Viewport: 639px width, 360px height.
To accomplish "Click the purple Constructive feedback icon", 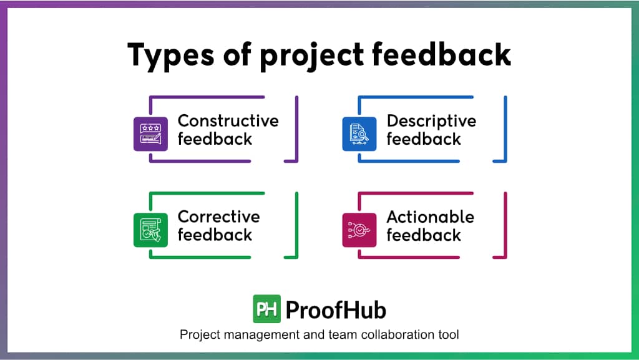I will coord(150,134).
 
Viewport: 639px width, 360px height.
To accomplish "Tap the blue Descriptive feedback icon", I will coord(359,134).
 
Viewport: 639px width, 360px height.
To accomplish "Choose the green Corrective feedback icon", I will coord(150,230).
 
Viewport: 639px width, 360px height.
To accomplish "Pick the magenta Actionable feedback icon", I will coord(359,230).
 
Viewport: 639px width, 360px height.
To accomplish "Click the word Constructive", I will coord(228,120).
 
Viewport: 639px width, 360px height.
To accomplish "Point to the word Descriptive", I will coord(431,121).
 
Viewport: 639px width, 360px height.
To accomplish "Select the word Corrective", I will coord(218,216).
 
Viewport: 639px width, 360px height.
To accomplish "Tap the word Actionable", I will coord(430,217).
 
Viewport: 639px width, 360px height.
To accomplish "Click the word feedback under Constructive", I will coord(215,139).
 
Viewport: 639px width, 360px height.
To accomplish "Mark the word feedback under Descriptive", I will coord(424,139).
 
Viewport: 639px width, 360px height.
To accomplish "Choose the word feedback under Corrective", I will coord(215,235).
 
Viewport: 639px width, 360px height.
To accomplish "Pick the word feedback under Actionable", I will coord(424,235).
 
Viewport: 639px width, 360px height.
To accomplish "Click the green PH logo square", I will coord(268,309).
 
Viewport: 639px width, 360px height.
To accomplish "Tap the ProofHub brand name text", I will coord(336,310).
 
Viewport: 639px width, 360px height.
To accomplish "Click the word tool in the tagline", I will coord(449,335).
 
